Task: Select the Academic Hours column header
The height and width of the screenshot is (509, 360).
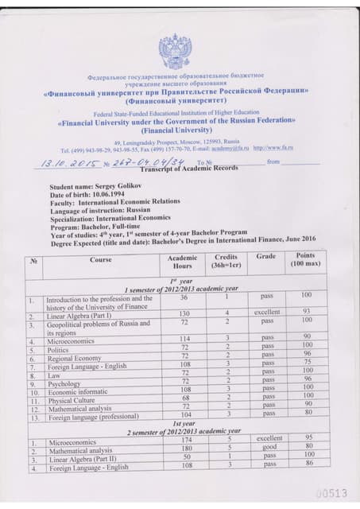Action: pyautogui.click(x=183, y=262)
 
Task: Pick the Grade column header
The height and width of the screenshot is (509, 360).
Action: pyautogui.click(x=266, y=256)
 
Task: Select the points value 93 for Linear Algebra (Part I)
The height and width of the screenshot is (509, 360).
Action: pyautogui.click(x=306, y=313)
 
